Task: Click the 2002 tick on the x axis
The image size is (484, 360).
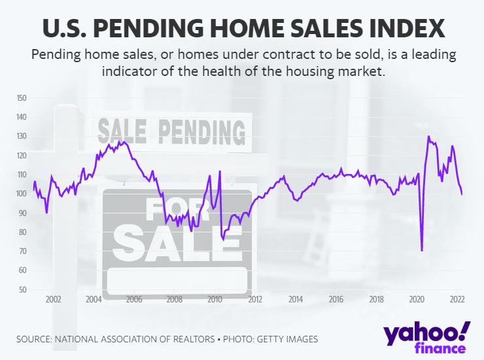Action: (53, 300)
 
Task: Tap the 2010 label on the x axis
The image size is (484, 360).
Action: (215, 300)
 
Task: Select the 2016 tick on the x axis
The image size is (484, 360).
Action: (336, 300)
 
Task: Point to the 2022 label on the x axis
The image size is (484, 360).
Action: (457, 300)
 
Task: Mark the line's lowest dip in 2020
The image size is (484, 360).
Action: (422, 250)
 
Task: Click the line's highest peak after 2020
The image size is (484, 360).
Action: (428, 137)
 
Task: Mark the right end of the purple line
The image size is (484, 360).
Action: (462, 194)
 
